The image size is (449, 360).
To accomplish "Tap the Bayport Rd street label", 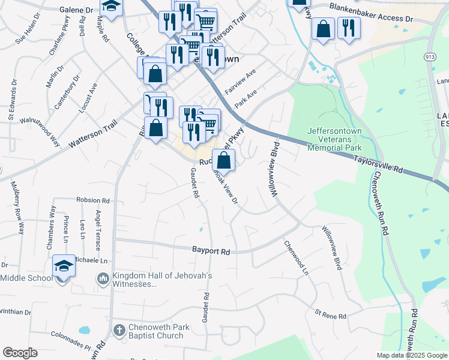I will click(x=211, y=251).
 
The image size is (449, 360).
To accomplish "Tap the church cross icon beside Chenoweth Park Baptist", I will click(x=119, y=329).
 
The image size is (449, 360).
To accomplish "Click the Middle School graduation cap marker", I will click(x=64, y=265).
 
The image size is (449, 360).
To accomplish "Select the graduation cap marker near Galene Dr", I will click(x=110, y=6).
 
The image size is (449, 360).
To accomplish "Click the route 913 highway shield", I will click(x=429, y=56).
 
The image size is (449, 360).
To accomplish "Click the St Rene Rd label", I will click(x=331, y=315).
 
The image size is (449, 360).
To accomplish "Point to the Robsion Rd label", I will click(x=93, y=200).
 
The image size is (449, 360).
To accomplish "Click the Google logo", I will click(x=20, y=353).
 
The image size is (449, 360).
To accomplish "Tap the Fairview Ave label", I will click(x=241, y=80).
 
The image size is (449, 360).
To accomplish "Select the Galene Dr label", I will click(x=77, y=10).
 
